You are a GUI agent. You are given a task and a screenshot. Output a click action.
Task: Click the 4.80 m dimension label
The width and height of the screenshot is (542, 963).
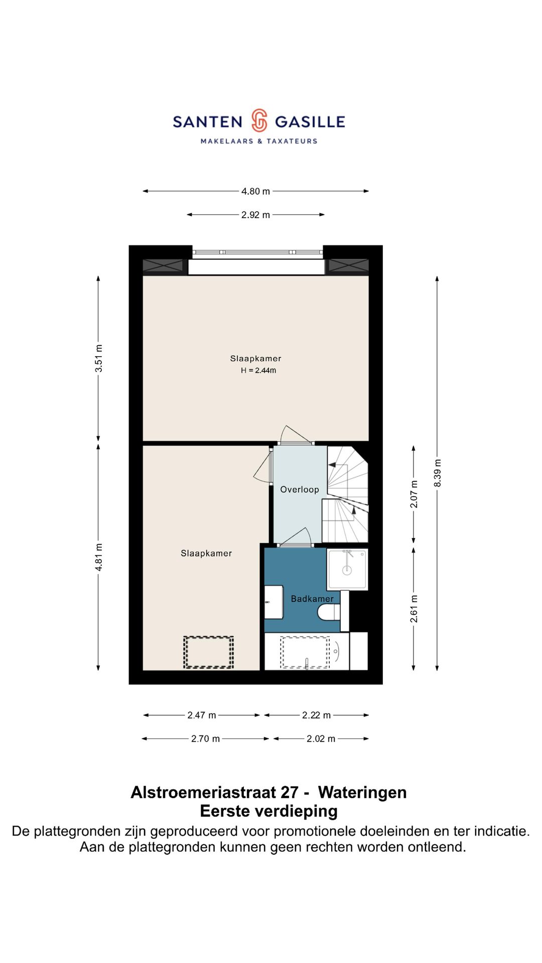tap(255, 191)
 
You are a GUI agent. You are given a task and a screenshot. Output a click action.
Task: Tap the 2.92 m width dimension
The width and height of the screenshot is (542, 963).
tap(255, 215)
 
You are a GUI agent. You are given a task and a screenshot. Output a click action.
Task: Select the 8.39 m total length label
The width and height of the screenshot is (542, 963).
tap(438, 472)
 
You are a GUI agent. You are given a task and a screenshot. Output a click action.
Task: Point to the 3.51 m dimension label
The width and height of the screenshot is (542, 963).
tap(99, 358)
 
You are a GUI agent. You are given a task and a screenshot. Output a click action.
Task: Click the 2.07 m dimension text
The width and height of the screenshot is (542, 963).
tap(414, 494)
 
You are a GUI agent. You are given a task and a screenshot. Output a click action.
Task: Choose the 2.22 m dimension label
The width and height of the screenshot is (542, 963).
tap(316, 715)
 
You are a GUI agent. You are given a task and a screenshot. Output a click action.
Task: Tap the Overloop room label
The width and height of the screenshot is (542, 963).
tap(300, 490)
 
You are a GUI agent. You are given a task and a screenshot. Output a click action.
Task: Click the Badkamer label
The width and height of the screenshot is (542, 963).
tap(312, 599)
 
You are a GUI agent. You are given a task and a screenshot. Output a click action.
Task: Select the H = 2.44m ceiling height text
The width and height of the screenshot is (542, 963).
tap(258, 371)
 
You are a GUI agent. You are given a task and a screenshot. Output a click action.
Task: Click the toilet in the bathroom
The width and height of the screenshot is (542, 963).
tap(329, 612)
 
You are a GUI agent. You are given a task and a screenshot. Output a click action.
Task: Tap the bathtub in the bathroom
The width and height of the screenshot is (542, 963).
tap(306, 652)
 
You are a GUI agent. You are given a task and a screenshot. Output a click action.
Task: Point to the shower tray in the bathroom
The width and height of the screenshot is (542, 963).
tap(347, 569)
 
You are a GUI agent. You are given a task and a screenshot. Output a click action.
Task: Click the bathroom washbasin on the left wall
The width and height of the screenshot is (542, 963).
tap(274, 602)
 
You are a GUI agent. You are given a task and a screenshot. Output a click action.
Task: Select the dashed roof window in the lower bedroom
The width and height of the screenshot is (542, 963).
tap(208, 652)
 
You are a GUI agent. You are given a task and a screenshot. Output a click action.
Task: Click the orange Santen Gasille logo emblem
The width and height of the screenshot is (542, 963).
tap(259, 121)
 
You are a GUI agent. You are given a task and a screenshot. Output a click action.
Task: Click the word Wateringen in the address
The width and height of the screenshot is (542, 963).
tap(362, 792)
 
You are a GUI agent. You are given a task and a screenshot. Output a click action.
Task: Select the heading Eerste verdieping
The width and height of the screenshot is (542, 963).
tap(268, 811)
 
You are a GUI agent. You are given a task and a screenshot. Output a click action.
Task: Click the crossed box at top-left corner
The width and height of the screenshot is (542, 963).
tap(163, 266)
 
